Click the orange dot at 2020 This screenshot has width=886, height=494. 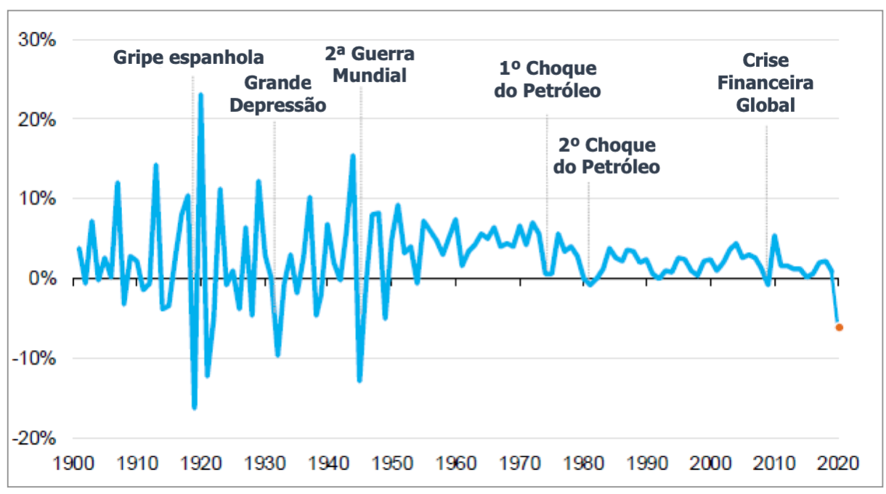tap(839, 328)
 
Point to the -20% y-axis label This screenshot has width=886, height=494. tap(36, 439)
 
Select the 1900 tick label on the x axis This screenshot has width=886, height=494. tap(74, 463)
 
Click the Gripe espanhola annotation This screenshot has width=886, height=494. tap(189, 57)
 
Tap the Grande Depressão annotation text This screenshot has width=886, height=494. tap(277, 94)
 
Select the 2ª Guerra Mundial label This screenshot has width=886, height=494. tap(369, 65)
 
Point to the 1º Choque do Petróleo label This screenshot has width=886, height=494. tap(548, 80)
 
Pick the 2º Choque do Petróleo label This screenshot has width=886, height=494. tap(606, 155)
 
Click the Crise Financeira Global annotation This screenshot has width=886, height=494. tap(765, 83)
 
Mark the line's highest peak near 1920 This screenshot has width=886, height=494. tap(200, 94)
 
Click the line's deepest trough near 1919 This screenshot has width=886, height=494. tap(194, 408)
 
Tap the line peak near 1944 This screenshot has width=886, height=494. tap(353, 155)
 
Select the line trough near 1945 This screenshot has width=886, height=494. tap(359, 381)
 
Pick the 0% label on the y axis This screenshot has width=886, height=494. tap(42, 279)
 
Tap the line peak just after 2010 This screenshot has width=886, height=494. tap(774, 235)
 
